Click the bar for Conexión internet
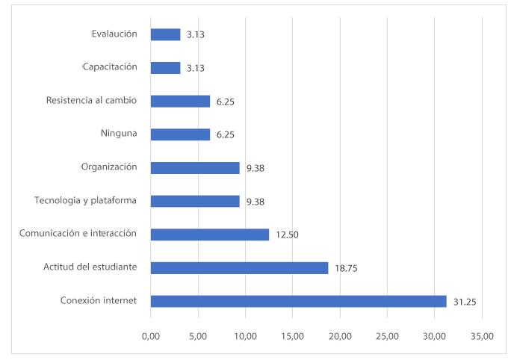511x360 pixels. (x=298, y=301)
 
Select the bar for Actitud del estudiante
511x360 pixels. (x=239, y=268)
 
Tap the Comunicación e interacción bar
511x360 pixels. (x=209, y=235)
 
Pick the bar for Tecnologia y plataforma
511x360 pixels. (x=195, y=201)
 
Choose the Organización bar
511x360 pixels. (x=195, y=168)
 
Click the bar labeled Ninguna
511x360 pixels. (x=180, y=134)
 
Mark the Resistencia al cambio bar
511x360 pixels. (x=180, y=101)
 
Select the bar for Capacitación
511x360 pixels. (x=165, y=68)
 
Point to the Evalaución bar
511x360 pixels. (x=165, y=34)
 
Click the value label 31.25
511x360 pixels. (x=464, y=302)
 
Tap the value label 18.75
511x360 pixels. (x=345, y=268)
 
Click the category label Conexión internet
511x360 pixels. (x=99, y=301)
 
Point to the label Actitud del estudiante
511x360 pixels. (x=91, y=267)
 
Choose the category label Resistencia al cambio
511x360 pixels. (x=91, y=100)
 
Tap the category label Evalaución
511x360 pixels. (x=114, y=34)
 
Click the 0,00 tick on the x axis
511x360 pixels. (x=150, y=336)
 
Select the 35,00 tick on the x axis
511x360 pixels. (x=482, y=336)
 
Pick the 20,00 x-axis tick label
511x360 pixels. (x=340, y=336)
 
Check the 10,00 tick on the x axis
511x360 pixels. (x=245, y=336)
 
